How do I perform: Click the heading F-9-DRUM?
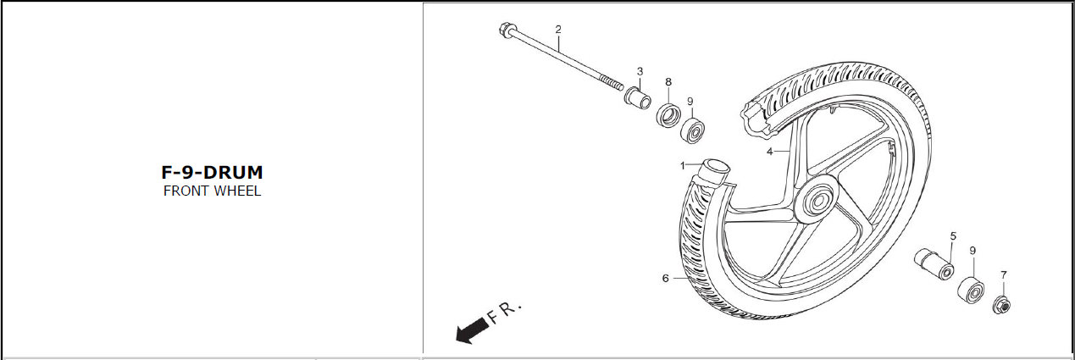(x=212, y=172)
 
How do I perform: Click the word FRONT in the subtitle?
(x=186, y=191)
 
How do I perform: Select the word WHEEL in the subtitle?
(x=237, y=191)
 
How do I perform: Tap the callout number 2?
(x=558, y=30)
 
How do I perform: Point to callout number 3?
(x=640, y=71)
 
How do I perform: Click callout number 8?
(x=668, y=82)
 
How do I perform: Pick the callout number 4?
(x=770, y=152)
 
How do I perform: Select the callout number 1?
(x=683, y=166)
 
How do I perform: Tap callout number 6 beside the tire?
(x=665, y=279)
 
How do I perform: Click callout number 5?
(x=953, y=236)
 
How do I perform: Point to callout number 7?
(x=1004, y=275)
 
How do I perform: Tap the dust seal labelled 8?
(x=668, y=114)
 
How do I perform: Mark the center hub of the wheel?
(x=816, y=202)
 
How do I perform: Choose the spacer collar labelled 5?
(x=934, y=263)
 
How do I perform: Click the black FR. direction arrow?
(x=472, y=330)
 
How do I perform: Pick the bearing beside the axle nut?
(x=971, y=291)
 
